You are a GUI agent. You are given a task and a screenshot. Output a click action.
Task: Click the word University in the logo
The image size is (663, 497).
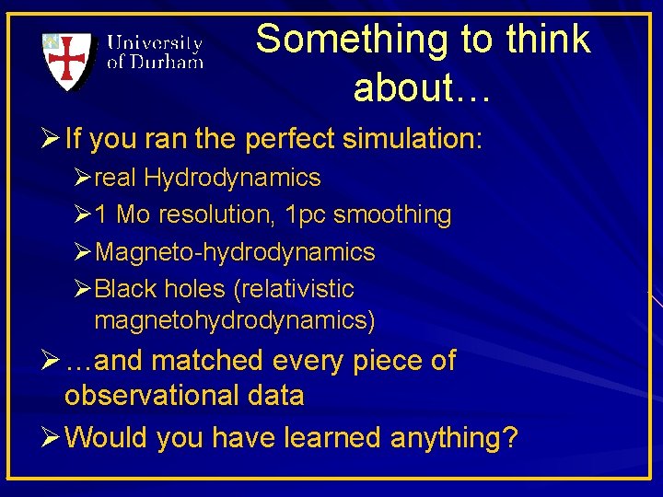pos(155,43)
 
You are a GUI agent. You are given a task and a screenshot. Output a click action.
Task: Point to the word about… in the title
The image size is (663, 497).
pos(425,87)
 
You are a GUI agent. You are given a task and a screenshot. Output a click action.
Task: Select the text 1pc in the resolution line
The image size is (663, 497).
pos(306,214)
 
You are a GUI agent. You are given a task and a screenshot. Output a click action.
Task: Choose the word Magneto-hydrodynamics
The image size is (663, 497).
pos(235,252)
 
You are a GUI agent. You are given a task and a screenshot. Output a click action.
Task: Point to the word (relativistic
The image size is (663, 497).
pos(294,289)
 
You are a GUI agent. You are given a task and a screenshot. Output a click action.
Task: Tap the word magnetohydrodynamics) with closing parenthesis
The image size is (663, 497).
pos(235,321)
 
